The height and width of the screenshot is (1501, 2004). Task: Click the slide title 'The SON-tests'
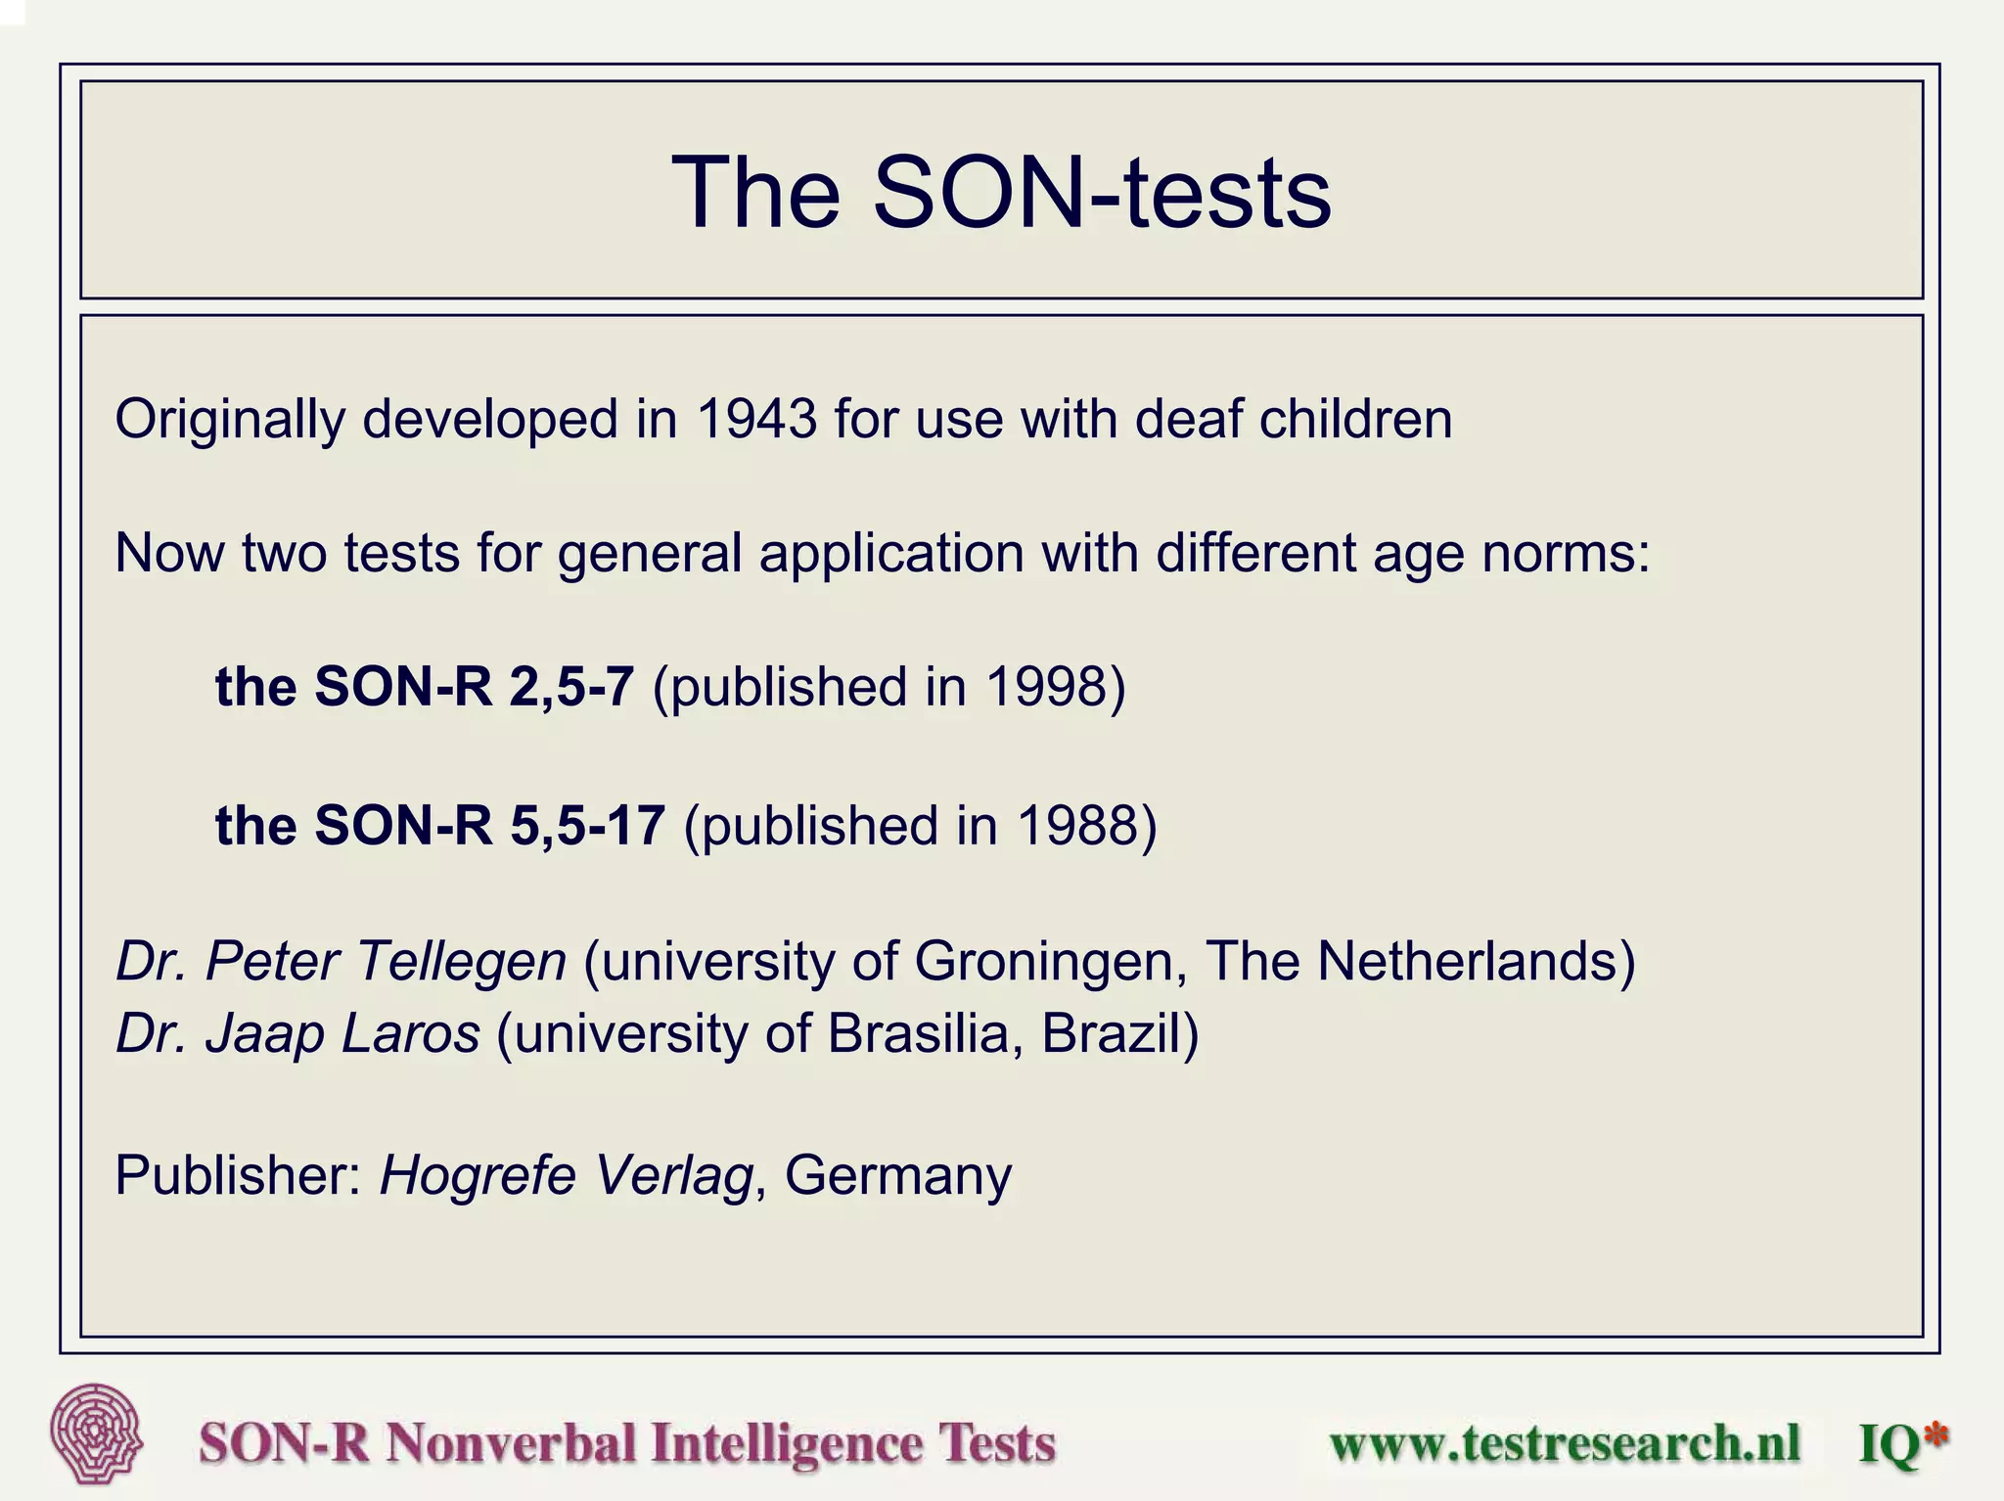pos(1000,192)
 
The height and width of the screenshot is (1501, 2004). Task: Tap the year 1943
pos(756,420)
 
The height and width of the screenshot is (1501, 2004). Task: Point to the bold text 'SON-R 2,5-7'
pos(474,687)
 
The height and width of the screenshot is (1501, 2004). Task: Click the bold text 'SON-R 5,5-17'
pos(489,826)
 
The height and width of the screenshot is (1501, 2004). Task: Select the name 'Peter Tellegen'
pos(386,961)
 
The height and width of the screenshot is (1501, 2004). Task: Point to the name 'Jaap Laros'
pos(342,1033)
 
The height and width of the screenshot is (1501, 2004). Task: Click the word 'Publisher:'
pos(239,1175)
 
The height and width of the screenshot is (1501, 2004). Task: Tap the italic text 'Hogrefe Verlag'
pos(566,1175)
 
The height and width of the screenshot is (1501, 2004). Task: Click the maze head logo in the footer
pos(96,1433)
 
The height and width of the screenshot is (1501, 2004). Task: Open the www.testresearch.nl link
pos(1565,1443)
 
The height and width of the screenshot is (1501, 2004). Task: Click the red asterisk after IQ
pos(1935,1435)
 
